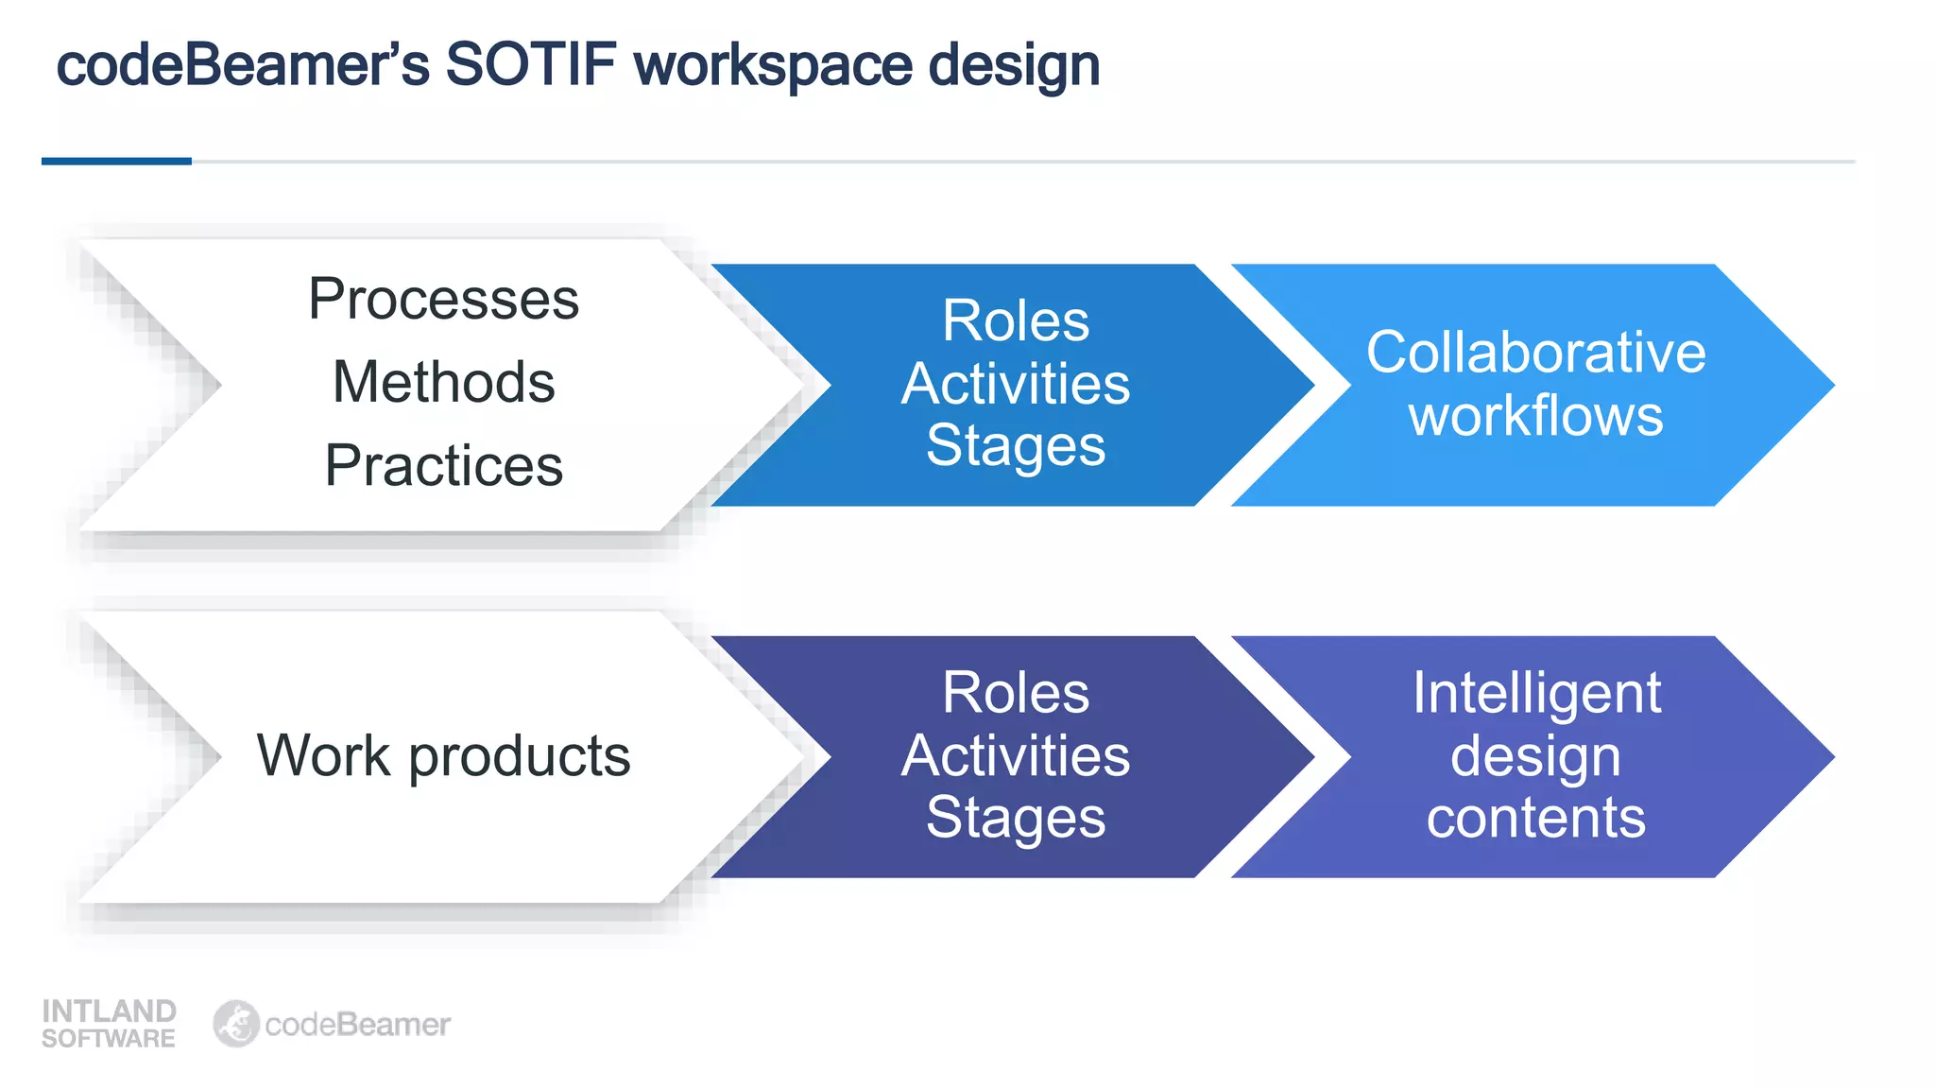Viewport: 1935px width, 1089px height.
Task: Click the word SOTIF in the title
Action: click(x=530, y=65)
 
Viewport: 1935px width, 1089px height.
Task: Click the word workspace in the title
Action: click(x=773, y=65)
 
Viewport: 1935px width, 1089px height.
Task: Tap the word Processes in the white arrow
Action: click(x=443, y=299)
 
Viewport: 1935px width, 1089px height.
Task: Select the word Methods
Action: click(x=443, y=382)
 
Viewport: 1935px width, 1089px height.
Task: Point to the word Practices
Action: click(x=443, y=465)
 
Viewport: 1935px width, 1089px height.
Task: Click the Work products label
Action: click(x=443, y=755)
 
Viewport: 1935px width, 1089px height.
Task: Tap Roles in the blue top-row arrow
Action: click(x=1016, y=320)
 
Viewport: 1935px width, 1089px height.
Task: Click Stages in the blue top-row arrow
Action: click(x=1016, y=445)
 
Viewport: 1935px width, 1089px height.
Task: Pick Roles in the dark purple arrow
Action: click(x=1016, y=693)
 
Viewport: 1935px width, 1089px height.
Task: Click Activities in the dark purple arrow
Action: click(x=1016, y=755)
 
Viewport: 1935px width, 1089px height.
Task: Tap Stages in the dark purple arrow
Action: click(x=1016, y=818)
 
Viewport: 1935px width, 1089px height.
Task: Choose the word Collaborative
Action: click(x=1535, y=353)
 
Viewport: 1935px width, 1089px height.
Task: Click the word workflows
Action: click(x=1535, y=416)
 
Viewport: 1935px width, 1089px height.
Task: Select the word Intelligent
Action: click(x=1536, y=693)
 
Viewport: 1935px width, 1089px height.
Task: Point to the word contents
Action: click(x=1536, y=818)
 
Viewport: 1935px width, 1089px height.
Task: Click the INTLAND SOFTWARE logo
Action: click(x=109, y=1024)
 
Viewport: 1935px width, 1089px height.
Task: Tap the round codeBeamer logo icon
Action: click(x=235, y=1024)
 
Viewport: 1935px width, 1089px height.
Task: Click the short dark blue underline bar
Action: click(x=116, y=162)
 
